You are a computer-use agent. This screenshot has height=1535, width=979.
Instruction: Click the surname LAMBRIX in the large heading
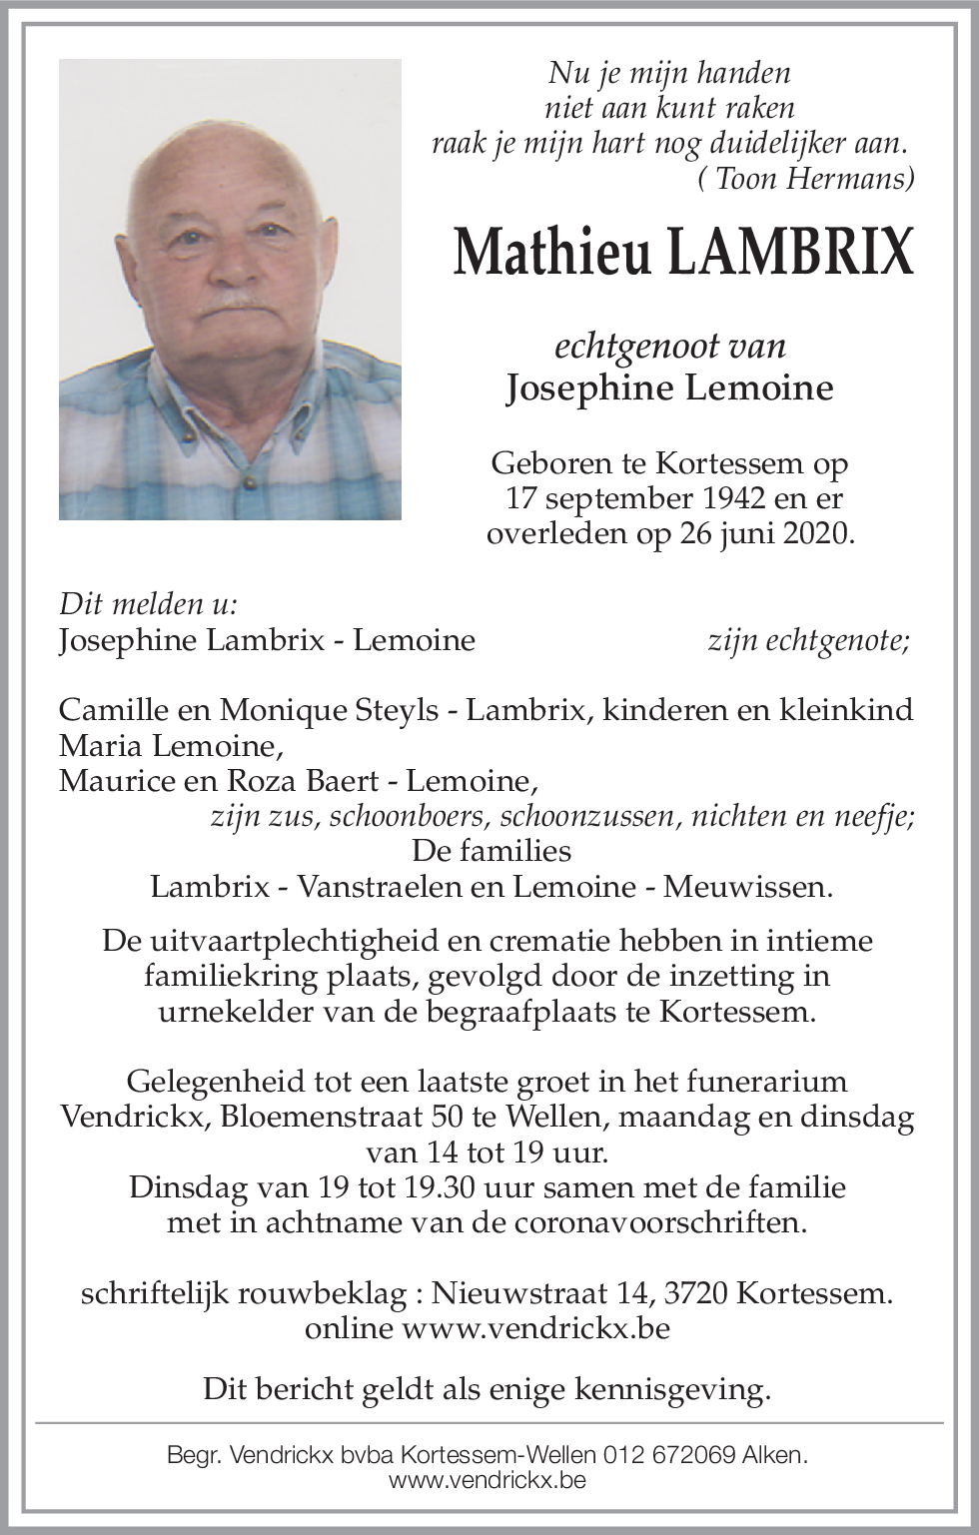click(x=790, y=252)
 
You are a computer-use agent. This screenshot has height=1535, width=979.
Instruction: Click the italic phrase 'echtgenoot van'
click(x=669, y=346)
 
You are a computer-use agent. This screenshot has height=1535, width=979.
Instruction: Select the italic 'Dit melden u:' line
click(x=148, y=604)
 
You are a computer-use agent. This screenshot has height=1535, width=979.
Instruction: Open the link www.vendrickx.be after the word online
click(x=534, y=1329)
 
